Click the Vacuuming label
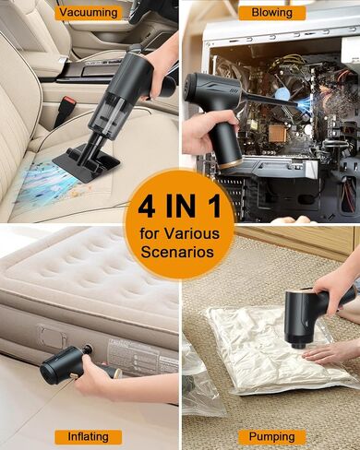click(89, 13)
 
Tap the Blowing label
click(272, 13)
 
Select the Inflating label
click(89, 437)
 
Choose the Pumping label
click(272, 437)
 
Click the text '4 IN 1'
click(179, 207)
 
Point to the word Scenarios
click(177, 252)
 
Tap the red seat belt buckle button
click(68, 101)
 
